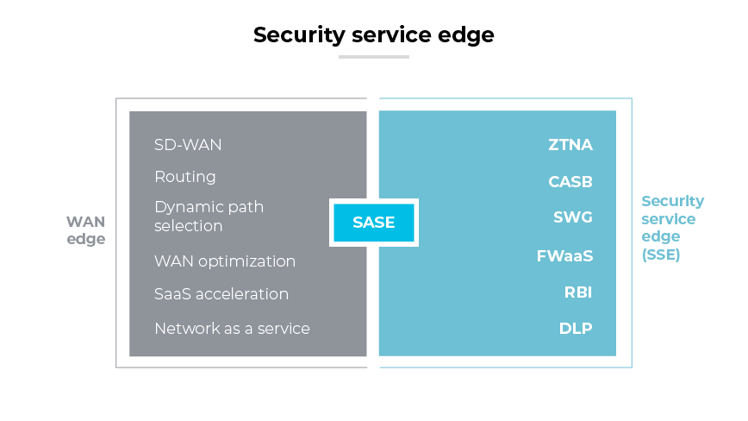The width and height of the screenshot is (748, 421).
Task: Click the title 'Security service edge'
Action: coord(373,35)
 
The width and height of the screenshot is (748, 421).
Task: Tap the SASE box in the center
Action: coord(374,223)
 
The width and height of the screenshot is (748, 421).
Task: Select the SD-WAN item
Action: coord(188,144)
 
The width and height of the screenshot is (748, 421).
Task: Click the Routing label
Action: coord(185,177)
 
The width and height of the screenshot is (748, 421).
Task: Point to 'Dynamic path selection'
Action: coord(209,217)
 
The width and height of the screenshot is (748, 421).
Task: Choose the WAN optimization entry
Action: coord(225,261)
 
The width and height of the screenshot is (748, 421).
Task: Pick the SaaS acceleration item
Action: coord(221,294)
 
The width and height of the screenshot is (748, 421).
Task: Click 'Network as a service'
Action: coord(232,329)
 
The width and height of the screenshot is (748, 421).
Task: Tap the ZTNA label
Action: coord(570,145)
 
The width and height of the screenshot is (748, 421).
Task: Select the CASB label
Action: coord(570,182)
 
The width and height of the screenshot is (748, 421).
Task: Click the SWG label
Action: coord(573,217)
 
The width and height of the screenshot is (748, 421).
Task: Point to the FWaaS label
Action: coord(564,256)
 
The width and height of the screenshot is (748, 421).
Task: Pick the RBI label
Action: coord(578,292)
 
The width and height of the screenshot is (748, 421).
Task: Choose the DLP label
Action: coord(576,329)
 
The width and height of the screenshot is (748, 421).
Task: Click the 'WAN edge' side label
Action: coord(86,230)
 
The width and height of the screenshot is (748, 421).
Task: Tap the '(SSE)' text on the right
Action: coord(661,254)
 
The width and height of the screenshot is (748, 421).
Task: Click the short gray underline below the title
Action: coord(373,57)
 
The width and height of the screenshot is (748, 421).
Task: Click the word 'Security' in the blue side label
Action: coord(672,202)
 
